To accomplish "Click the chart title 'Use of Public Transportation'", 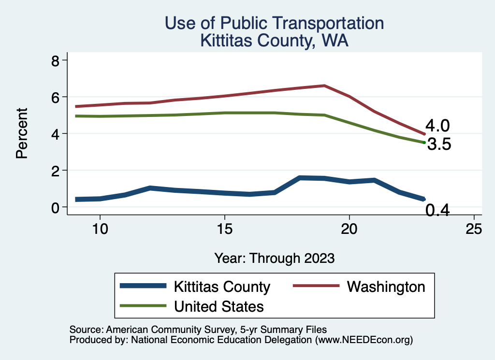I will (274, 23).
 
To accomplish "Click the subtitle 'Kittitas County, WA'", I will (274, 41).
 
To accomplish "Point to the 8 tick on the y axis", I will (56, 60).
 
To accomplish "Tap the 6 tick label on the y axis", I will (56, 97).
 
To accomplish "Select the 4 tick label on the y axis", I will (56, 133).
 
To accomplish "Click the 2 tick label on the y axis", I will (56, 170).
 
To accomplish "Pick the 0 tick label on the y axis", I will (56, 207).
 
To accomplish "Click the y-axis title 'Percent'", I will (21, 133).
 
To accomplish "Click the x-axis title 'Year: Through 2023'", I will (274, 258).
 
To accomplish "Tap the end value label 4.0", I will (437, 126).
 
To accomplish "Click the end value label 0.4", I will (437, 210).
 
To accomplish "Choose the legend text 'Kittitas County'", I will (222, 287).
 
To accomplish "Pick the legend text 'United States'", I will (218, 306).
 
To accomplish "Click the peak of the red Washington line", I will (324, 86).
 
